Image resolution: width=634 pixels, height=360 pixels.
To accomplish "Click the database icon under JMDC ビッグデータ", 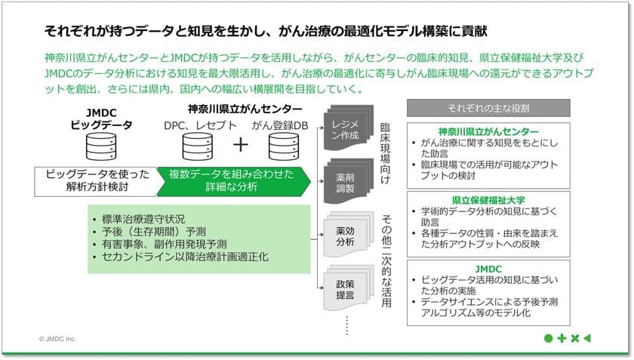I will click(101, 147).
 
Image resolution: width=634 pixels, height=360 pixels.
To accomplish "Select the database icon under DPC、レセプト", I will click(197, 147).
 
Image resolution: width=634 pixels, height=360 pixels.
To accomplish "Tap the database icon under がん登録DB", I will click(283, 147).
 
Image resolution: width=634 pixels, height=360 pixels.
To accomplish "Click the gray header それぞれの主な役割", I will click(499, 107).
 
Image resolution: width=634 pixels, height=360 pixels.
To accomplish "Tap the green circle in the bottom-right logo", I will click(548, 338).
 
